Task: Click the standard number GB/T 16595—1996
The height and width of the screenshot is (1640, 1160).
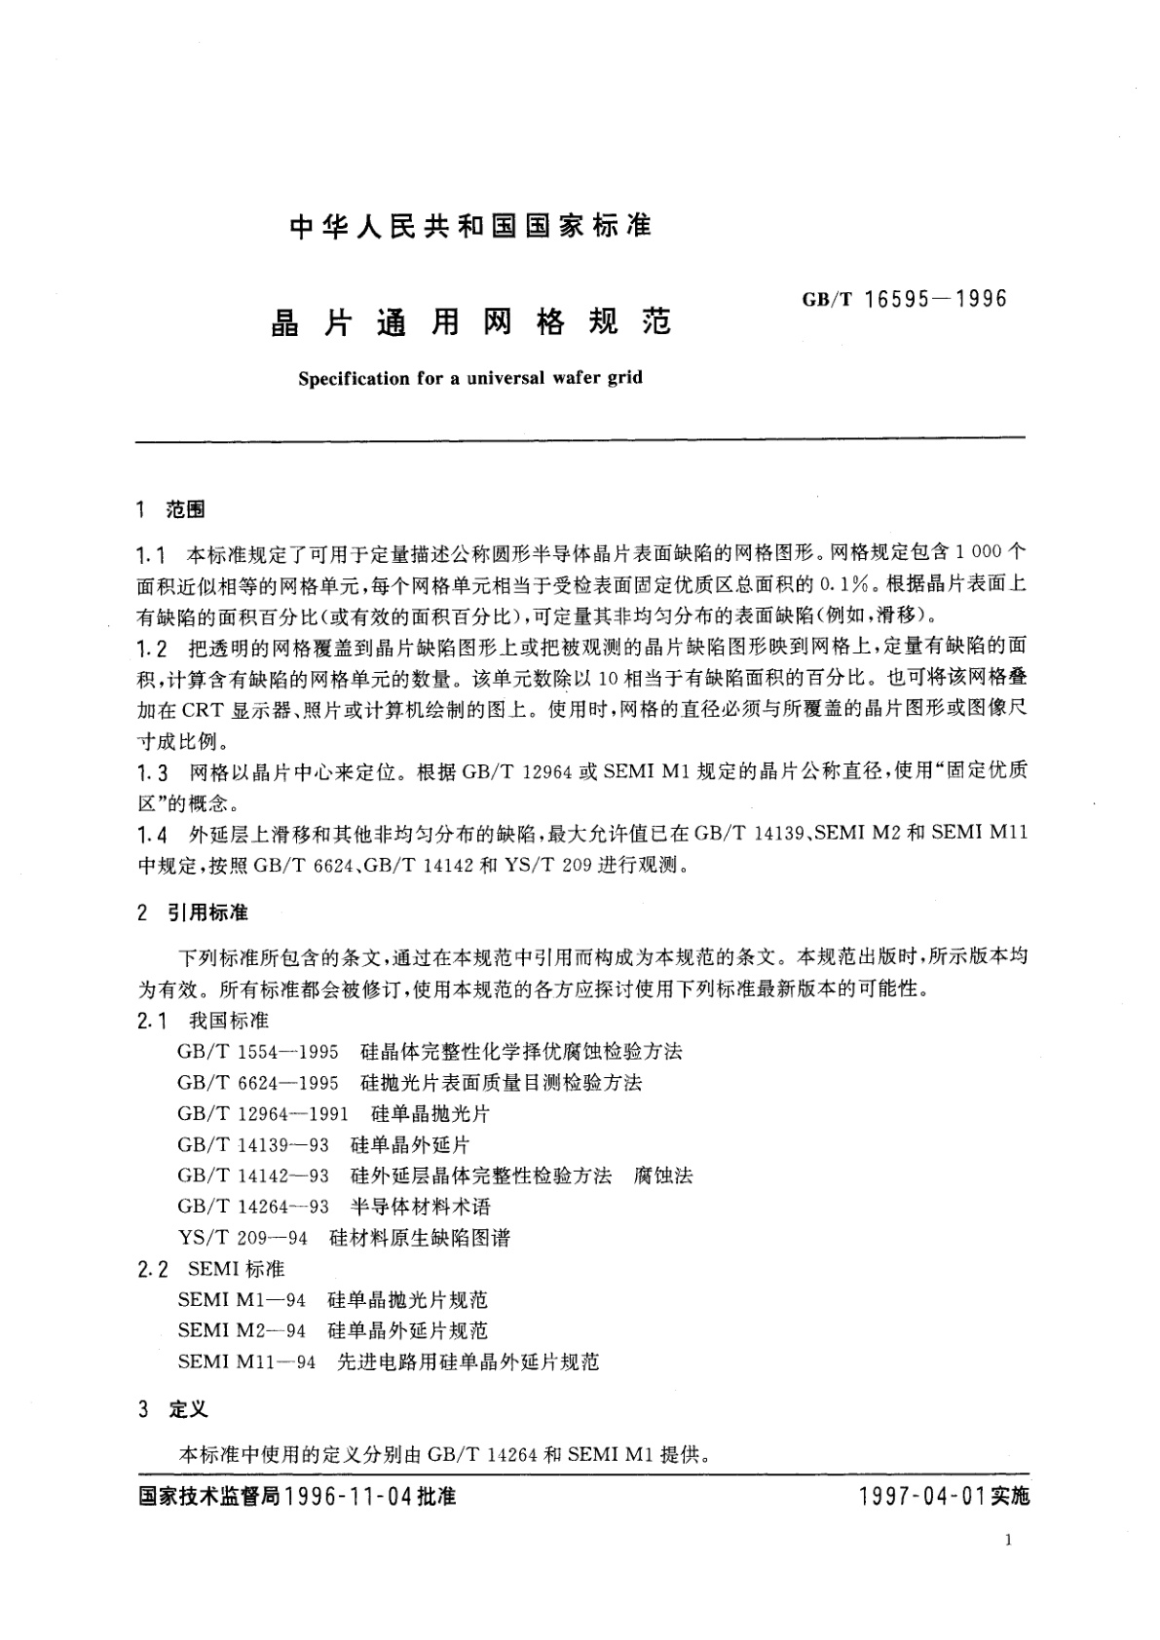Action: coord(905,299)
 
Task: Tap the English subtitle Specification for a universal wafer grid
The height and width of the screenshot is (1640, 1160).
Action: coord(470,378)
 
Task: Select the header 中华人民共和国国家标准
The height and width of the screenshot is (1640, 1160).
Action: coord(471,226)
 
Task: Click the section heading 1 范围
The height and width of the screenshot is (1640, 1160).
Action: coord(171,508)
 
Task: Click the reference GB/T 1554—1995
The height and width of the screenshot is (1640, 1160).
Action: coord(258,1052)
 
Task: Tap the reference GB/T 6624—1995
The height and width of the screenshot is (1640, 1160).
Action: coord(258,1083)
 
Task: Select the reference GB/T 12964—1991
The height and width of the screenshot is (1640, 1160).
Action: coord(263,1113)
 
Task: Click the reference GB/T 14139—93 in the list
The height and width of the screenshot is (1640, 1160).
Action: coord(253,1144)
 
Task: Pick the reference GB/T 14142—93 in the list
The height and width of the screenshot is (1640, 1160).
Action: coord(253,1175)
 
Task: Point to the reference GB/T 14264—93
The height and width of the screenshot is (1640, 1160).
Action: coord(253,1207)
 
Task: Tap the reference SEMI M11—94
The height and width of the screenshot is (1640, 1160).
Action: coord(247,1361)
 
